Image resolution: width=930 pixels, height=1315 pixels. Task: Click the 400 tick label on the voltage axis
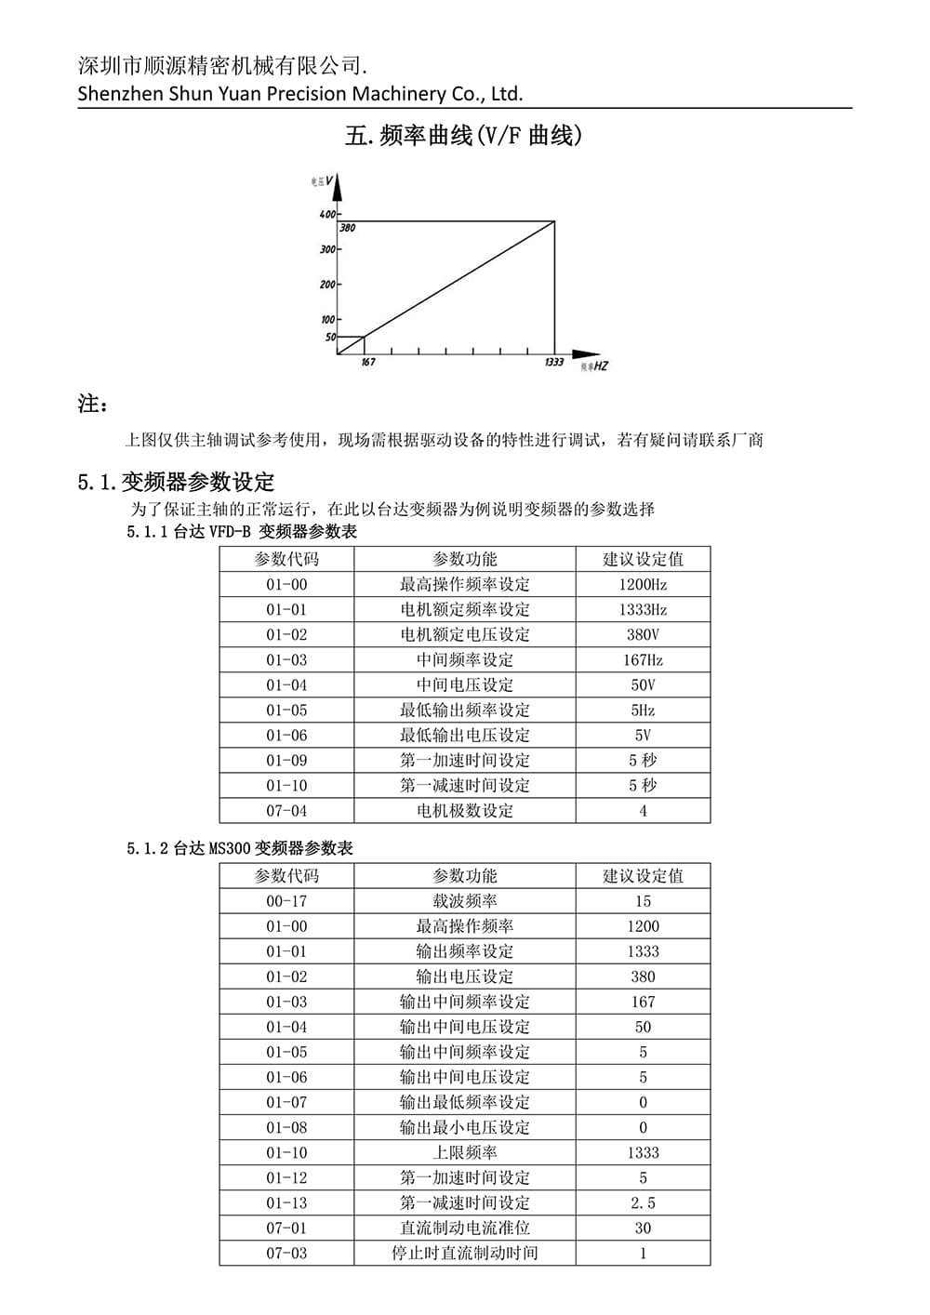tap(327, 214)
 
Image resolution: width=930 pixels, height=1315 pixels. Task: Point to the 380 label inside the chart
tap(347, 228)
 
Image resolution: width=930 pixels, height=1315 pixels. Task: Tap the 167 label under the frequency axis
tap(368, 363)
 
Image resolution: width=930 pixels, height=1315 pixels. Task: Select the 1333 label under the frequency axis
tap(554, 363)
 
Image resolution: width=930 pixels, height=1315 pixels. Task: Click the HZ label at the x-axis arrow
tap(601, 367)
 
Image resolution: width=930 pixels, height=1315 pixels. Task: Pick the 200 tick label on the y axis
tap(327, 285)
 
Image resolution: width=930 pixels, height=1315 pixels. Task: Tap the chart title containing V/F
tap(464, 136)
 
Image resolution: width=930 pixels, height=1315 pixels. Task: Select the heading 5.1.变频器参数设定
tap(177, 483)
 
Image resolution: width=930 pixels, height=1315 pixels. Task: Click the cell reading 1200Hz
tap(643, 585)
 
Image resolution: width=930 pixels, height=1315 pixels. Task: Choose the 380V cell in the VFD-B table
tap(643, 635)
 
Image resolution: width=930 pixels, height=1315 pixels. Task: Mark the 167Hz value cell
tap(643, 660)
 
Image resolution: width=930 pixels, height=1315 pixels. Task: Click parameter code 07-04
tap(286, 811)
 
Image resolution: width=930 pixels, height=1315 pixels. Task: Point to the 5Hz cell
tap(643, 711)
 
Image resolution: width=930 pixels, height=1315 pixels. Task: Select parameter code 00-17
tap(286, 901)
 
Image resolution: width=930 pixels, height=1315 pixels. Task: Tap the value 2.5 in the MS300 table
tap(643, 1203)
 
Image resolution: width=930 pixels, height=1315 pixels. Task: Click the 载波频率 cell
tap(465, 901)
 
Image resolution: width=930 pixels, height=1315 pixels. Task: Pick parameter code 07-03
tap(286, 1254)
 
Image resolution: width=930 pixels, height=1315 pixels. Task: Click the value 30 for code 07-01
tap(643, 1229)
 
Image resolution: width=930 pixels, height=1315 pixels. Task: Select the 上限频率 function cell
tap(465, 1153)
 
